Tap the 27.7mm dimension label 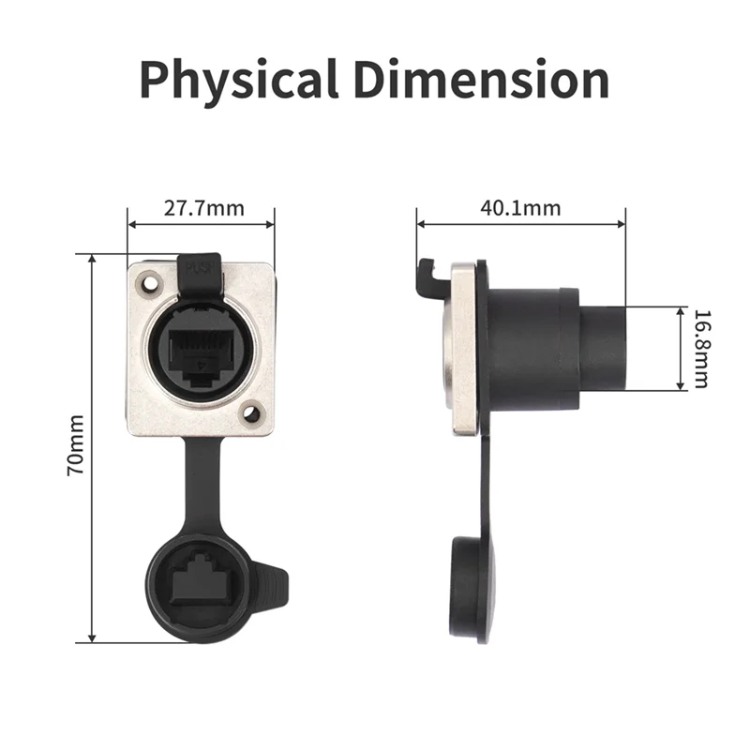tap(202, 207)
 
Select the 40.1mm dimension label tap(520, 207)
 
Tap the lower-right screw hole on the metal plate tap(250, 411)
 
